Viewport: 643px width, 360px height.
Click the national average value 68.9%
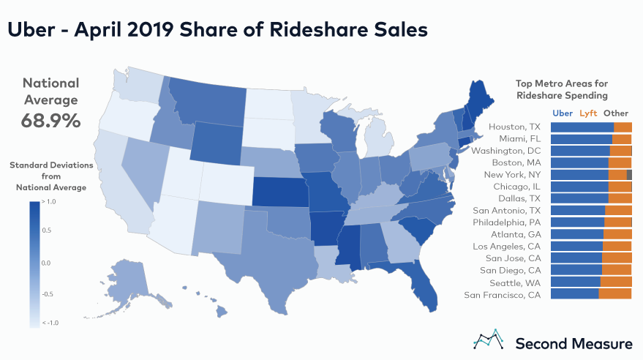[x=50, y=120]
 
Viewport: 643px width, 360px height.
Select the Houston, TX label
[x=514, y=127]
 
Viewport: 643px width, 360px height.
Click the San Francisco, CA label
[x=503, y=294]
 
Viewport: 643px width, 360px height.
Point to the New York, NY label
[x=512, y=175]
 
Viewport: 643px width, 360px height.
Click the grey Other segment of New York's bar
[x=629, y=174]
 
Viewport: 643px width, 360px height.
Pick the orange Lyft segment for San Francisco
[x=614, y=294]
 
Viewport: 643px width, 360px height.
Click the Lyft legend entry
[x=587, y=113]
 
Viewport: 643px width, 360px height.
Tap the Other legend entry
[x=616, y=113]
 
